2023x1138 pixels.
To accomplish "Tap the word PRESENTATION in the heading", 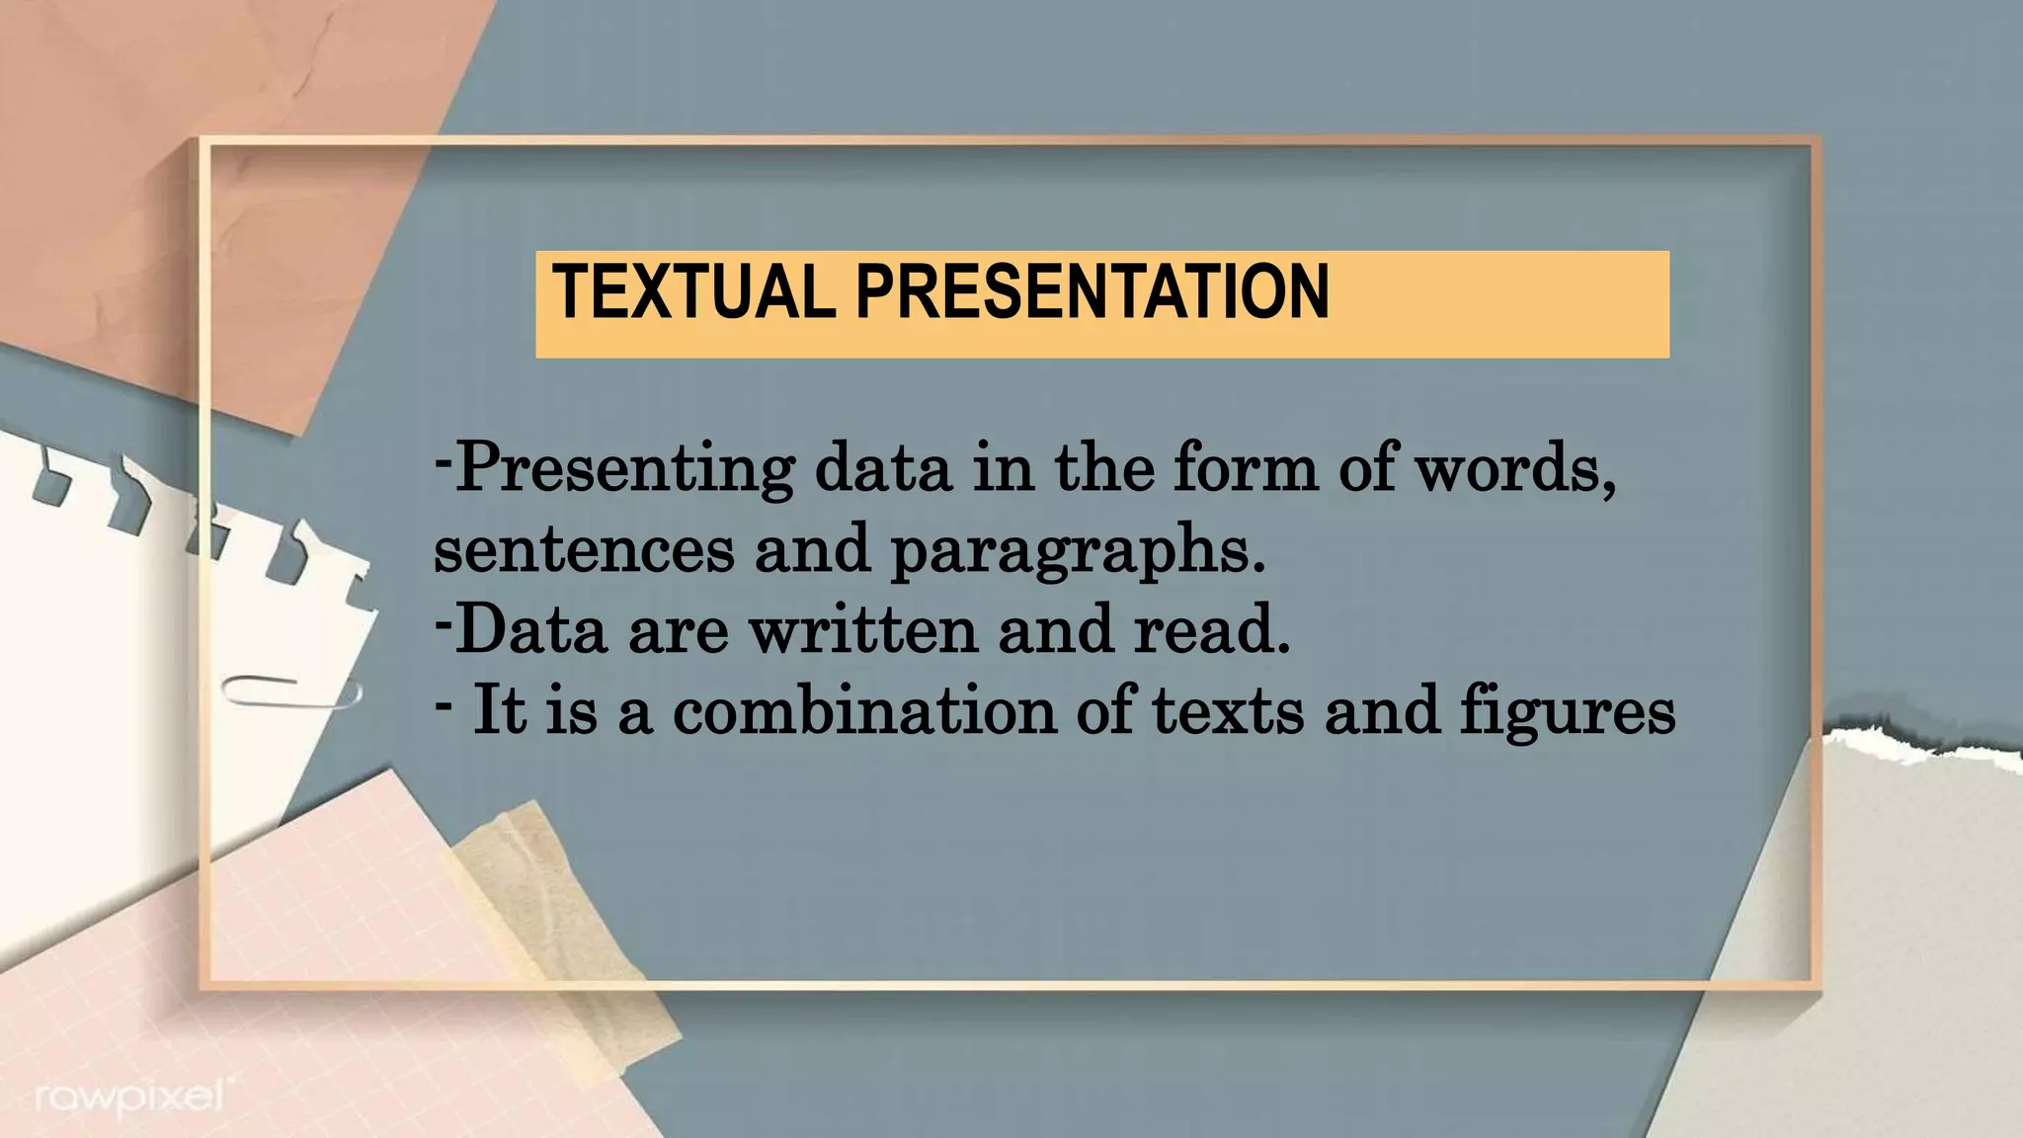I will (x=1092, y=292).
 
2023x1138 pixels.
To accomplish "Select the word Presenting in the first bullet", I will (x=624, y=470).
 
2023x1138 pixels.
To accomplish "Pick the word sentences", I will (x=584, y=550).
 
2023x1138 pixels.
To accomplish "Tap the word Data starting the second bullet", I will (x=531, y=630).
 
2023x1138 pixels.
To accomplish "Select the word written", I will (x=863, y=630).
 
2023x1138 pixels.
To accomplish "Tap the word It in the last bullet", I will (x=499, y=709).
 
